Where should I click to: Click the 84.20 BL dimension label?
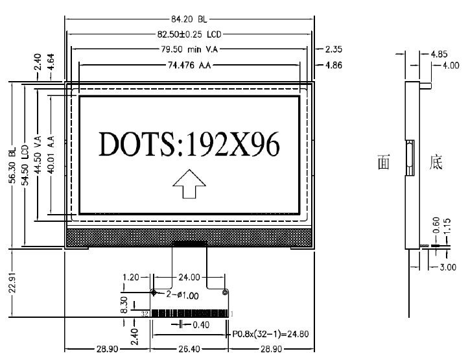189,19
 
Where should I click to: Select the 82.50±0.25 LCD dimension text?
189,34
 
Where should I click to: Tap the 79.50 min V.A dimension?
189,49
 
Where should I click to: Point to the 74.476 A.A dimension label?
189,65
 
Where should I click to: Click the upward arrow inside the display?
189,184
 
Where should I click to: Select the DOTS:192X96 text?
189,144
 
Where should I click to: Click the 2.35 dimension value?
333,49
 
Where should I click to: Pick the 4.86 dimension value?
333,65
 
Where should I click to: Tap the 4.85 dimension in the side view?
439,54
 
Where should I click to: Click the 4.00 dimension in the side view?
450,66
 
